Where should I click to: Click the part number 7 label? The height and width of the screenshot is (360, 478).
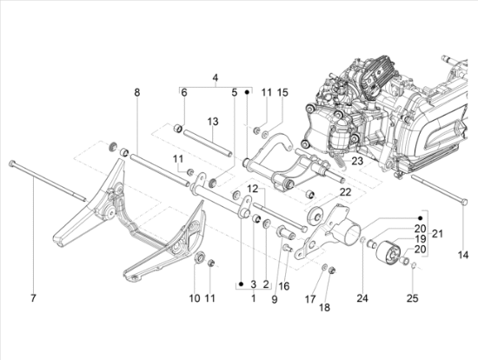coord(33,297)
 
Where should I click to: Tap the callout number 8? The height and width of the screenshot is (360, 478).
coord(137,92)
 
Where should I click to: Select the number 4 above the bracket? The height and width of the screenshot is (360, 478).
coord(216,77)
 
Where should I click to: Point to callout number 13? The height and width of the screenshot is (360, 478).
coord(213,122)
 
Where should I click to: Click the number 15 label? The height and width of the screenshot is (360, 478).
coord(282,92)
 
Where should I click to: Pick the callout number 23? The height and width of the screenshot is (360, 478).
coord(357,161)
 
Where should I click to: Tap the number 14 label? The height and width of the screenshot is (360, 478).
coord(463,255)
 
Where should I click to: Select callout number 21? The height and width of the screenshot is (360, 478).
coord(437,234)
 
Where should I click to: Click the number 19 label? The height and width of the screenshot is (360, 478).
coord(420,239)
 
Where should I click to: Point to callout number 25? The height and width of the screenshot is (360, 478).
coord(412,297)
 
